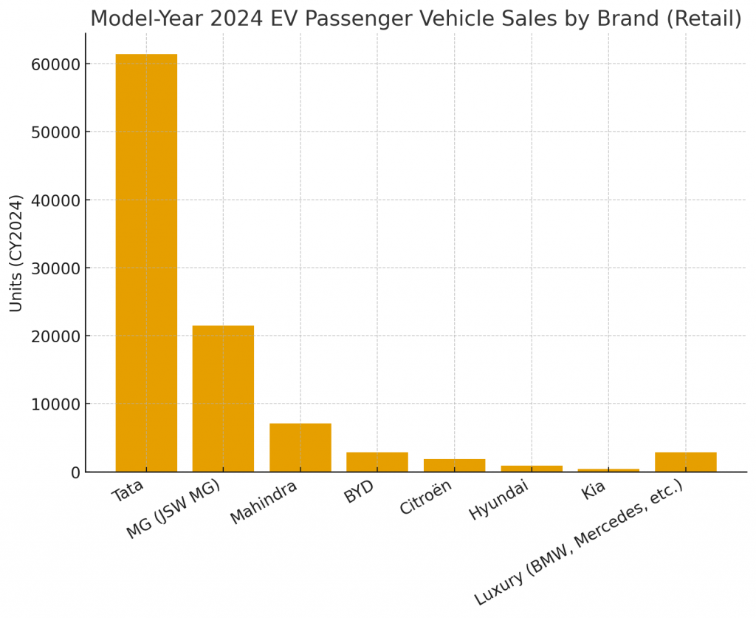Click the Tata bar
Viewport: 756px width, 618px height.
point(146,262)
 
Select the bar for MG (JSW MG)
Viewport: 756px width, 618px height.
point(223,398)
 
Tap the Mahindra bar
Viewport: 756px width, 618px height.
point(300,447)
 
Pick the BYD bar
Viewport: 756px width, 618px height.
point(377,462)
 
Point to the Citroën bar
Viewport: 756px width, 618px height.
point(454,465)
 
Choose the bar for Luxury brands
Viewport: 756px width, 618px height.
point(685,462)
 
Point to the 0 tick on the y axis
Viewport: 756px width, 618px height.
point(74,472)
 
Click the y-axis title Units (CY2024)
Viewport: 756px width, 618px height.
point(16,253)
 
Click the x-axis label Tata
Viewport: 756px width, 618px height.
point(128,492)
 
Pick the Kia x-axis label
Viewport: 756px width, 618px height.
point(594,489)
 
